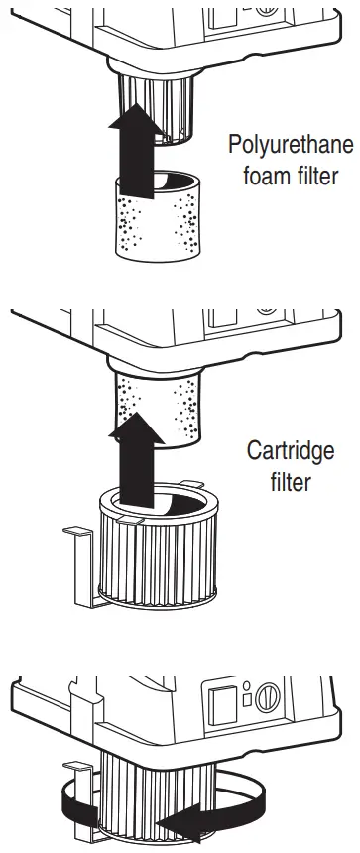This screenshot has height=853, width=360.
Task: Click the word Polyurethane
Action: (x=291, y=145)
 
